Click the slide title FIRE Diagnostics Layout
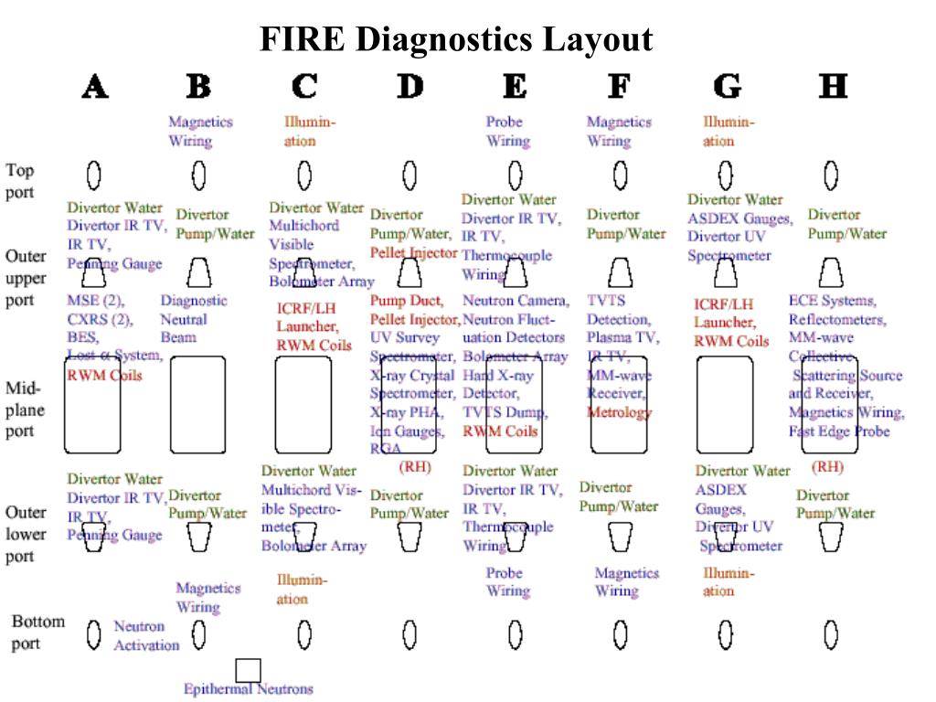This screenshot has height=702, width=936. [x=456, y=40]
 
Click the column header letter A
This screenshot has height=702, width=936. [x=95, y=87]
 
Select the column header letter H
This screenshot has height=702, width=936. [x=833, y=87]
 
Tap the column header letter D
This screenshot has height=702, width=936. [x=410, y=87]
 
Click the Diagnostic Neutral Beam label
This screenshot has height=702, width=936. [x=194, y=319]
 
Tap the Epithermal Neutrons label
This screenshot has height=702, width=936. [x=248, y=689]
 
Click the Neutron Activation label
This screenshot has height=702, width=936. [x=146, y=636]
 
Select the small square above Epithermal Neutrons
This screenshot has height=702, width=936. [x=248, y=670]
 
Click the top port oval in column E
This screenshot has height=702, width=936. [x=516, y=174]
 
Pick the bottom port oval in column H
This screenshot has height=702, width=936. [x=831, y=633]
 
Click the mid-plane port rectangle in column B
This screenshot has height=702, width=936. [x=197, y=405]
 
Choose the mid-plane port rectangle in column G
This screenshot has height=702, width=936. [x=725, y=405]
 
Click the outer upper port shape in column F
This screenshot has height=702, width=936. [x=621, y=271]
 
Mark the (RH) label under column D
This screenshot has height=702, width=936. [x=414, y=467]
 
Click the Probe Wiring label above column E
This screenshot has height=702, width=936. [x=506, y=132]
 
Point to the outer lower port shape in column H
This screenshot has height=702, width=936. [x=830, y=537]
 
